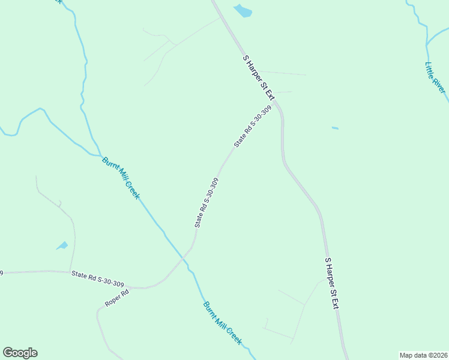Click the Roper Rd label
tap(117, 298)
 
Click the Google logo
tap(20, 353)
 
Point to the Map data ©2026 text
tap(423, 355)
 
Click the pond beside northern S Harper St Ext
tap(243, 10)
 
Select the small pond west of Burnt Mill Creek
tap(62, 245)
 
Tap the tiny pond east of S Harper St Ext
tap(335, 128)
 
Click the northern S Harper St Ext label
tap(259, 77)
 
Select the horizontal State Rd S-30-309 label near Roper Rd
tap(98, 278)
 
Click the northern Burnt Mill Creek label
tap(121, 178)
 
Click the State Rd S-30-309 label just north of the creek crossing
tap(206, 202)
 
